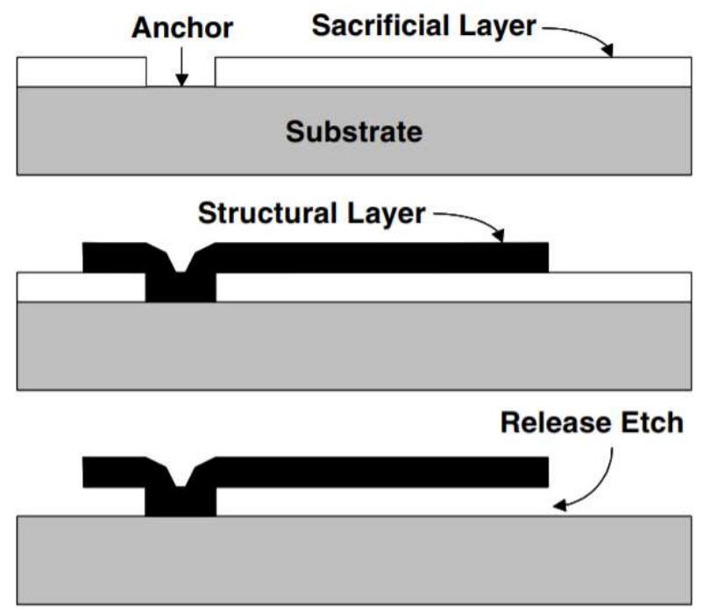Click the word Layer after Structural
(382, 212)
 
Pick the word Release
(551, 422)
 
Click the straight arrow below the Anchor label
(180, 67)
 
